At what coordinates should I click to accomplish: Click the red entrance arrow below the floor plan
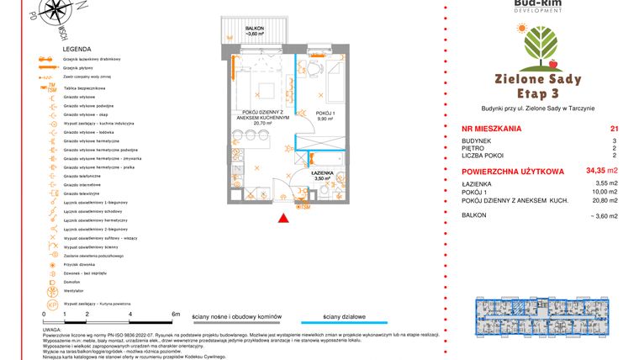285,219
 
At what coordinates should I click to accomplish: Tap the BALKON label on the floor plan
256,29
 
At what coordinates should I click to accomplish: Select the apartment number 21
614,129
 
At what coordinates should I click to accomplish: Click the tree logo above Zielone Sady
538,46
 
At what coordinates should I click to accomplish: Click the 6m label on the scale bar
175,314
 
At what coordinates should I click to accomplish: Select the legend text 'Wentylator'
76,291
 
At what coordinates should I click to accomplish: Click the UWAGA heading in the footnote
51,330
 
